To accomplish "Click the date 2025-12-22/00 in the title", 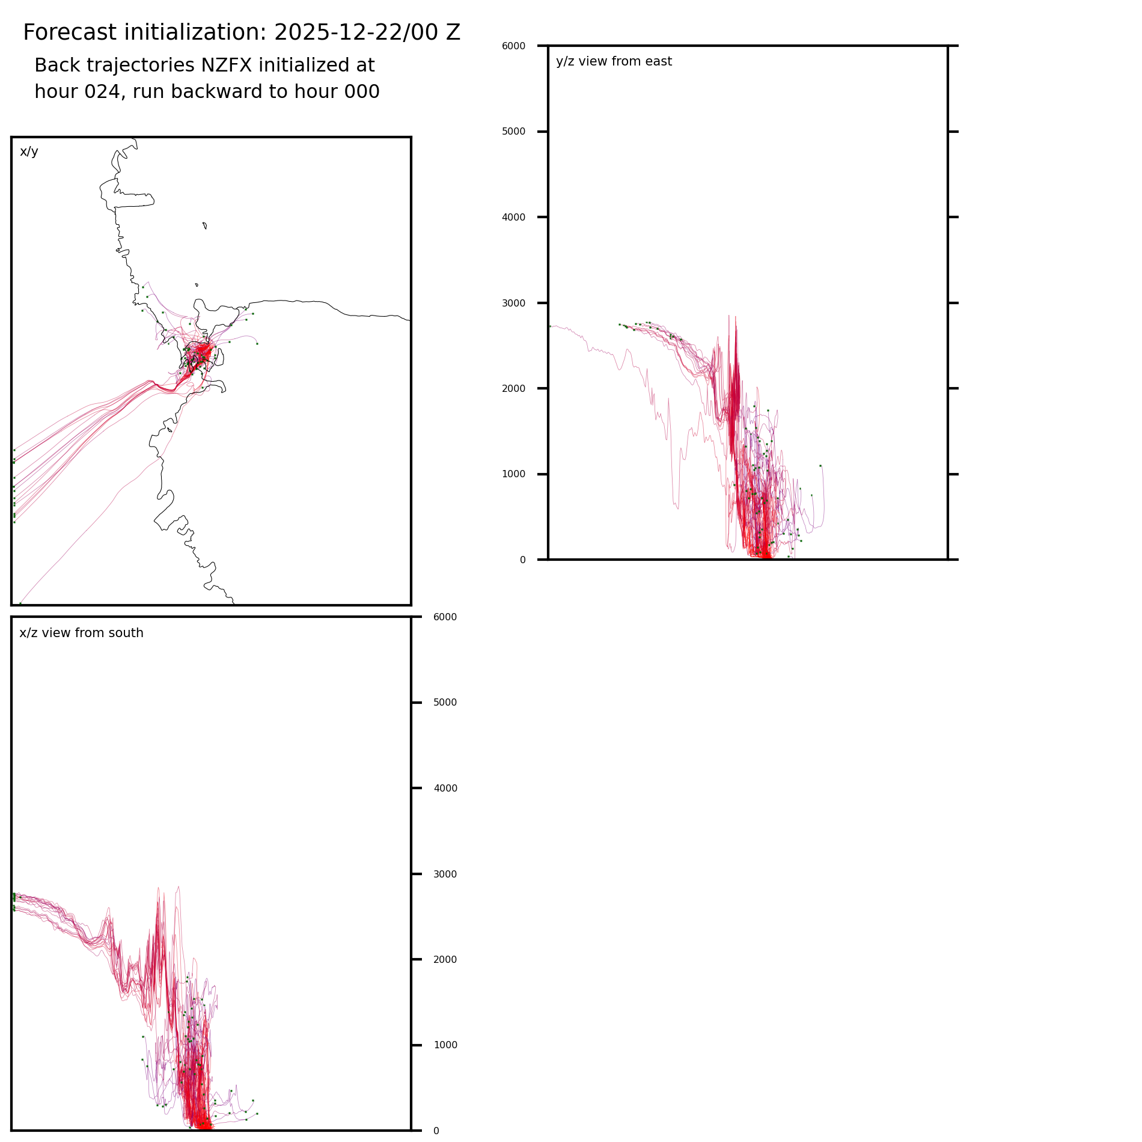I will (x=350, y=32).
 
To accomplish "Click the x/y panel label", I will (x=29, y=151).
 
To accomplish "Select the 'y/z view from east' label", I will (x=614, y=61).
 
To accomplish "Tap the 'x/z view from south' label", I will (x=81, y=633).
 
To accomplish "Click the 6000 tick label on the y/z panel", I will (x=513, y=46).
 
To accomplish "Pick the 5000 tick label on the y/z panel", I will (x=513, y=132).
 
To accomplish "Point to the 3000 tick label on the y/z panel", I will (x=513, y=303).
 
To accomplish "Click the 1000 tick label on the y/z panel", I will (x=513, y=474).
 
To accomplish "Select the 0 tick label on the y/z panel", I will (x=522, y=560).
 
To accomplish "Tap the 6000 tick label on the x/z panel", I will (x=445, y=617).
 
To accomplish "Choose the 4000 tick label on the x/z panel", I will (x=445, y=789).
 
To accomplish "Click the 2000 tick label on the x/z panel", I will (x=445, y=960).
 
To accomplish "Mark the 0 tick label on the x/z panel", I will (x=436, y=1131).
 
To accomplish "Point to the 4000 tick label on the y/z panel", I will (x=513, y=218).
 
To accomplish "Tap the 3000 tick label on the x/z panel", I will (x=445, y=875).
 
